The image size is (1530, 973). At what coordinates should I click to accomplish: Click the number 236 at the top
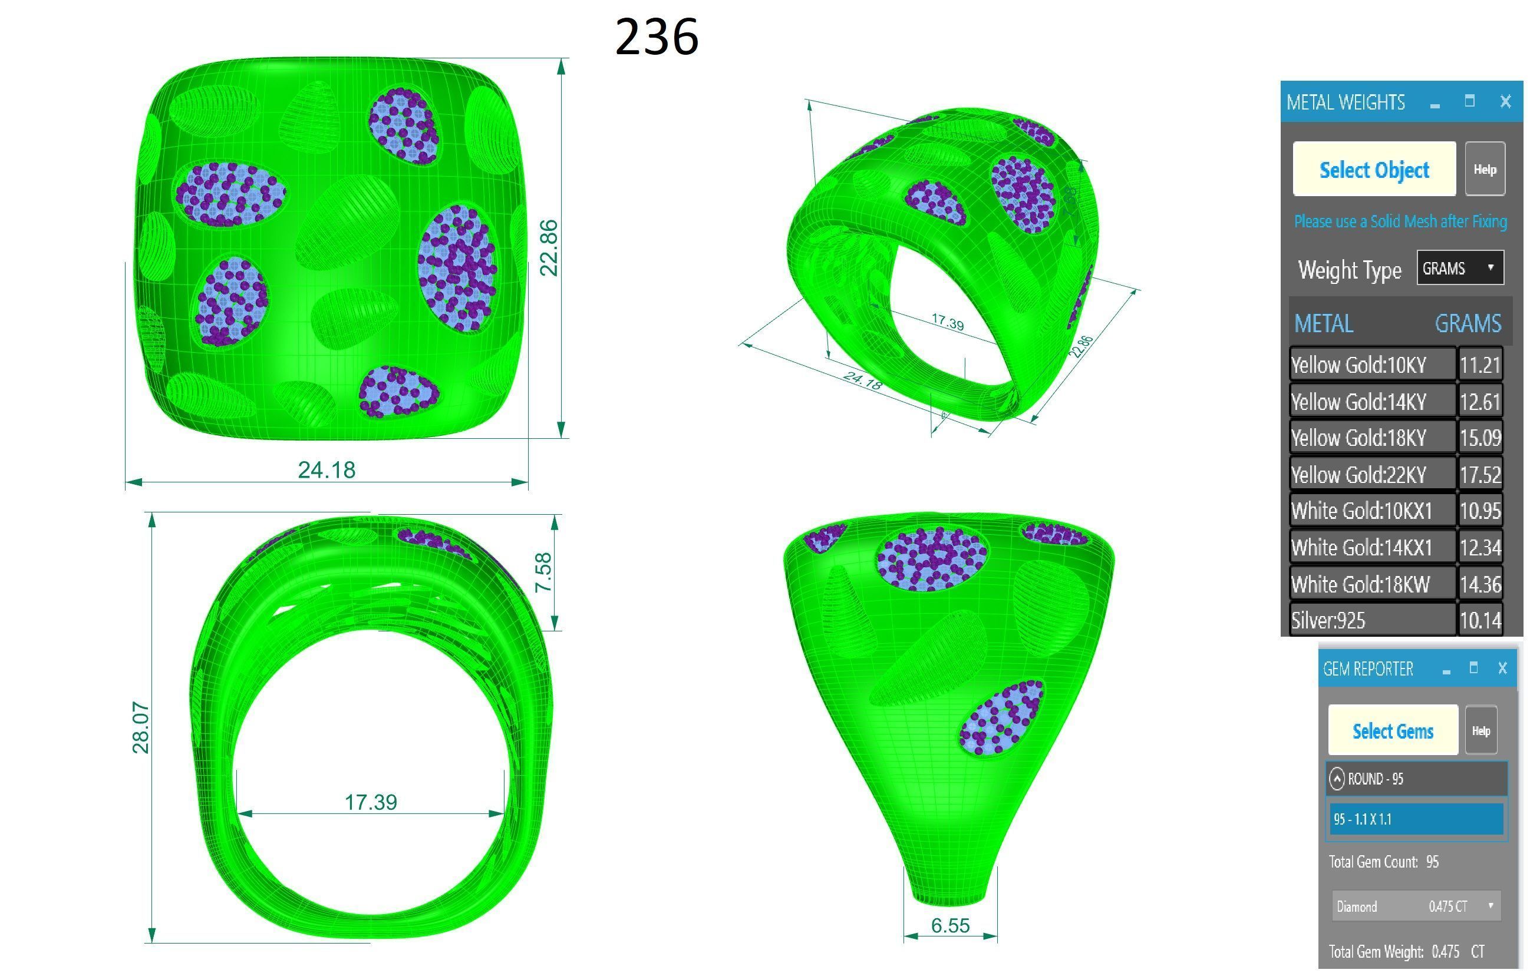tap(657, 37)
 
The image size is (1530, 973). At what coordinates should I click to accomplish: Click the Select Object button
tap(1374, 169)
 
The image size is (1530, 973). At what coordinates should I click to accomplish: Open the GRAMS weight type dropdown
tap(1459, 268)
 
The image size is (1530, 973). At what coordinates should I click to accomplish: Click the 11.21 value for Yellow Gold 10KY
tap(1480, 365)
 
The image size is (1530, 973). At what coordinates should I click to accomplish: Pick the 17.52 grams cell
tap(1480, 475)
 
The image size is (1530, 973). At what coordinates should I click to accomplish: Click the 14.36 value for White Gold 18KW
tap(1480, 584)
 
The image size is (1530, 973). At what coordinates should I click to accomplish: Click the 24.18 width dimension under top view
tap(327, 470)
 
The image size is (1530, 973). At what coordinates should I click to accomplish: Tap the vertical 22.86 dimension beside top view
tap(548, 248)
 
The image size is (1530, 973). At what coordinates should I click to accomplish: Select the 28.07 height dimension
tap(140, 728)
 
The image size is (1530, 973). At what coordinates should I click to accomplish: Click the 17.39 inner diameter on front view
tap(371, 802)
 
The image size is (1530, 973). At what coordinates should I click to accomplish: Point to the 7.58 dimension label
tap(543, 572)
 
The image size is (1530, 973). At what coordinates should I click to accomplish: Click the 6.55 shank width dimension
tap(950, 925)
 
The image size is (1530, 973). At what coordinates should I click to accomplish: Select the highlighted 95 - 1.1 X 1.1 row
tap(1416, 819)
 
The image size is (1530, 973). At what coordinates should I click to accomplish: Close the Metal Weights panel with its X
tap(1505, 102)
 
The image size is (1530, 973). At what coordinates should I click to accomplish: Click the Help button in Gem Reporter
tap(1480, 731)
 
